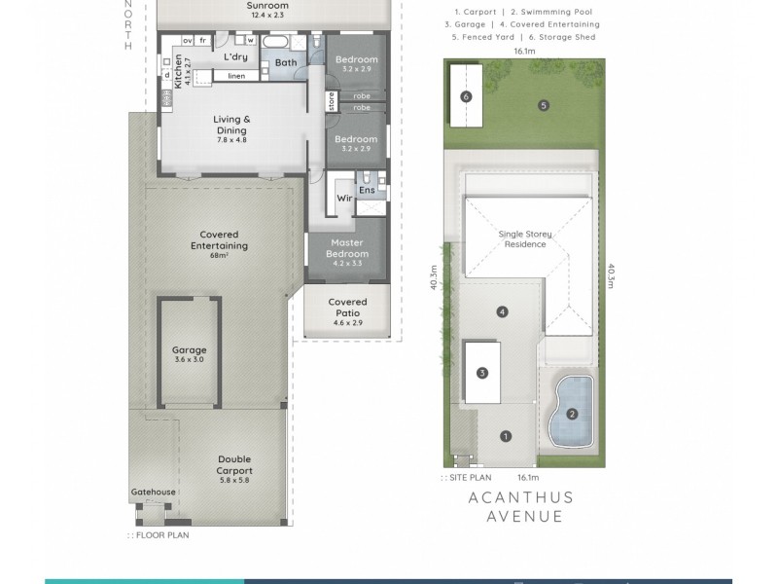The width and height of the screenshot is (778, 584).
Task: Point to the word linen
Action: [236, 76]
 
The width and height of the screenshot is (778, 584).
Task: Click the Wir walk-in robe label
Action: [343, 198]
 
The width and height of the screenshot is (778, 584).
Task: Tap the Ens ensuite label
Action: [367, 190]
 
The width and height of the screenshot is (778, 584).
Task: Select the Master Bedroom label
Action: [347, 248]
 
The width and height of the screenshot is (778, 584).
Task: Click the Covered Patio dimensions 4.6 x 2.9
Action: [347, 322]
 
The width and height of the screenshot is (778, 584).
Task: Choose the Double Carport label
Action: [234, 465]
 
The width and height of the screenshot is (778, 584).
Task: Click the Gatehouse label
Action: [153, 493]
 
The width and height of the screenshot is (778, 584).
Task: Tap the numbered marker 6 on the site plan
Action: [467, 96]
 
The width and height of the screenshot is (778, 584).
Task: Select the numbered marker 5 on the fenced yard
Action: [544, 105]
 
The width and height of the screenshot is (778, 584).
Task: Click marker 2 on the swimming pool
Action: [572, 414]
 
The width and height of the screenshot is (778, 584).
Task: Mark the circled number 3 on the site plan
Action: [481, 373]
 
